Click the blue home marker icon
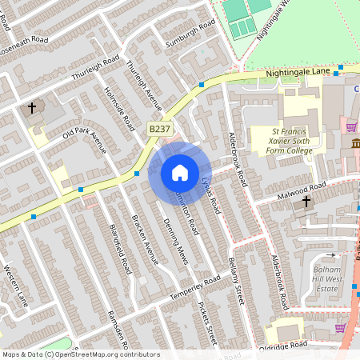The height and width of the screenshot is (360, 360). coord(180,173)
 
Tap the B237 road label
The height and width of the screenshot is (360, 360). coord(160,127)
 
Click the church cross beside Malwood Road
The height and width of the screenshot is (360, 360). coord(306,202)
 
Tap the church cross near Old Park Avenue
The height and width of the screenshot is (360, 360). coord(33,107)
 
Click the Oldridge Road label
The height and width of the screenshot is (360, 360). coord(282,346)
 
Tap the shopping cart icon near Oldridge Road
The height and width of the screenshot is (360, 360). coord(341,327)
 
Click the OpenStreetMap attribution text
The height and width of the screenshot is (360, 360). coord(81,354)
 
